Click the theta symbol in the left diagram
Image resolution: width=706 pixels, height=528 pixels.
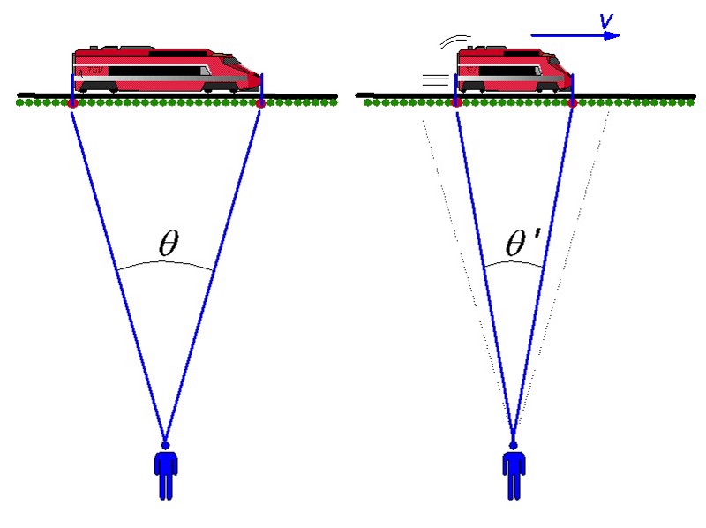point(168,245)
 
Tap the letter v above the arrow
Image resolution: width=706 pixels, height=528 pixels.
point(606,20)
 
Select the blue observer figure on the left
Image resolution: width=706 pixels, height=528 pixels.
point(165,472)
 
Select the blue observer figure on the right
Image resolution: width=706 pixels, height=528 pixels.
point(514,472)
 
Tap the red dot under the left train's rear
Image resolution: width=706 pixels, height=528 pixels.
point(72,104)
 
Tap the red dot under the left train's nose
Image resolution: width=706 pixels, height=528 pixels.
point(260,104)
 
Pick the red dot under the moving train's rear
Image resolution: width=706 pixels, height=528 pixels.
point(456,104)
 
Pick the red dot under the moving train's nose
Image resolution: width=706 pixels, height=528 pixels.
point(573,104)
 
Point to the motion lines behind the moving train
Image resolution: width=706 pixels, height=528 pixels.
point(436,81)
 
